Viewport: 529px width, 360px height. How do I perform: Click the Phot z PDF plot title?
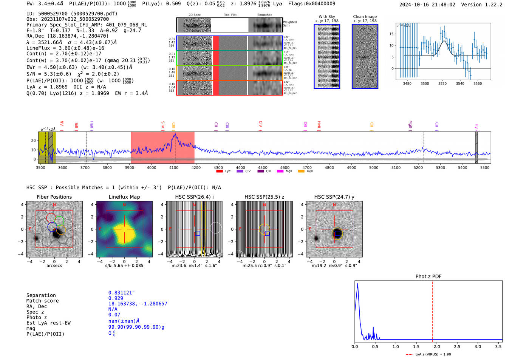click(x=428, y=277)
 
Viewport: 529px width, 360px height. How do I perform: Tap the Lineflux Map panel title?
click(x=124, y=197)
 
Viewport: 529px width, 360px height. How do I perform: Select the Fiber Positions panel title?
click(x=54, y=197)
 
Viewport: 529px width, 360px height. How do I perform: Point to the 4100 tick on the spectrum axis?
click(x=174, y=167)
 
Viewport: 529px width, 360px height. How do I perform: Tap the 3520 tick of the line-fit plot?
click(x=442, y=83)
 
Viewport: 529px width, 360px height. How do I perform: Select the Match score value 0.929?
click(x=116, y=298)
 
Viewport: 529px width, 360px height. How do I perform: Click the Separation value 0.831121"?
click(x=121, y=293)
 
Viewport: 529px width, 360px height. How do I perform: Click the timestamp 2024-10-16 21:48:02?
click(x=427, y=5)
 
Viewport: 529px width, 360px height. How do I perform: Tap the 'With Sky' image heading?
click(x=326, y=17)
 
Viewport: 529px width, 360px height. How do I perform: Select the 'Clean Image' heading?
click(x=365, y=17)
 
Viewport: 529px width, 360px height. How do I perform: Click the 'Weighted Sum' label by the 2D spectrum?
click(x=290, y=24)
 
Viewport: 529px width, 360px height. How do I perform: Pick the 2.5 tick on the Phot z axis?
click(x=457, y=346)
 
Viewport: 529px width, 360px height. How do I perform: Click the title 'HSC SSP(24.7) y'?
click(x=334, y=197)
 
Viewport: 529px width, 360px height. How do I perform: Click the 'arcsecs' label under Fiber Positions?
click(x=54, y=266)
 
